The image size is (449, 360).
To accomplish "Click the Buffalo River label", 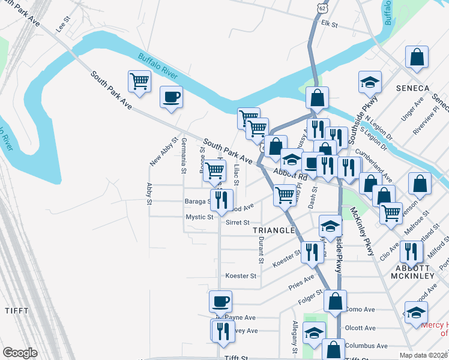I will tap(158, 67).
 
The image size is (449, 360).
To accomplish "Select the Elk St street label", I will tap(330, 25).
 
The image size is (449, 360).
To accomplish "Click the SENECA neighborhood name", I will tap(413, 88).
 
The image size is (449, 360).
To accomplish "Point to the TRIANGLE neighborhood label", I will tap(274, 230).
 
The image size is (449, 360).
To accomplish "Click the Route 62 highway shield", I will tap(323, 8).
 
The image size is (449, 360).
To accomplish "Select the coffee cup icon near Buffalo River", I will tap(171, 97).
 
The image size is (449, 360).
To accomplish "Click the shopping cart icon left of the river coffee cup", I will tap(139, 81).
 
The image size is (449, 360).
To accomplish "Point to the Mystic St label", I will tap(199, 217).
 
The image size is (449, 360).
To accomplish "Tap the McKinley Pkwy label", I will tap(363, 232).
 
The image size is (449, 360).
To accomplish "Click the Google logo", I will tap(20, 353).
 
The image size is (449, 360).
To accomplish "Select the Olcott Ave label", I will tap(361, 328).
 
